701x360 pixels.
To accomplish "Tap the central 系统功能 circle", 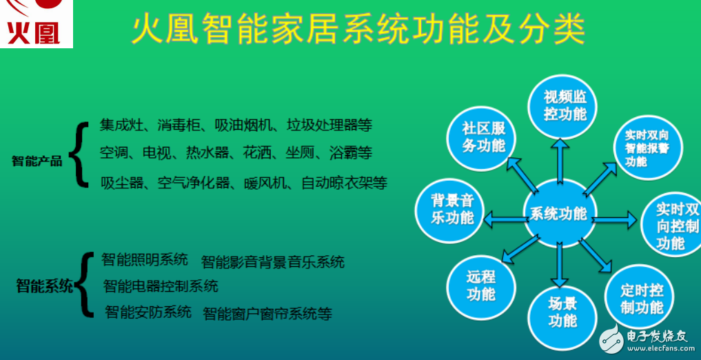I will [558, 214].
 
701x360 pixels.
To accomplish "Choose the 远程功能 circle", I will [480, 285].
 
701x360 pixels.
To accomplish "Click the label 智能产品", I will [37, 161].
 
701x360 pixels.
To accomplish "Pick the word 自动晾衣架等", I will [344, 183].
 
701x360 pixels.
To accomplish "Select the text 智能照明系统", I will [145, 260].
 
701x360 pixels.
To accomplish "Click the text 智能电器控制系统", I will [161, 286].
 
